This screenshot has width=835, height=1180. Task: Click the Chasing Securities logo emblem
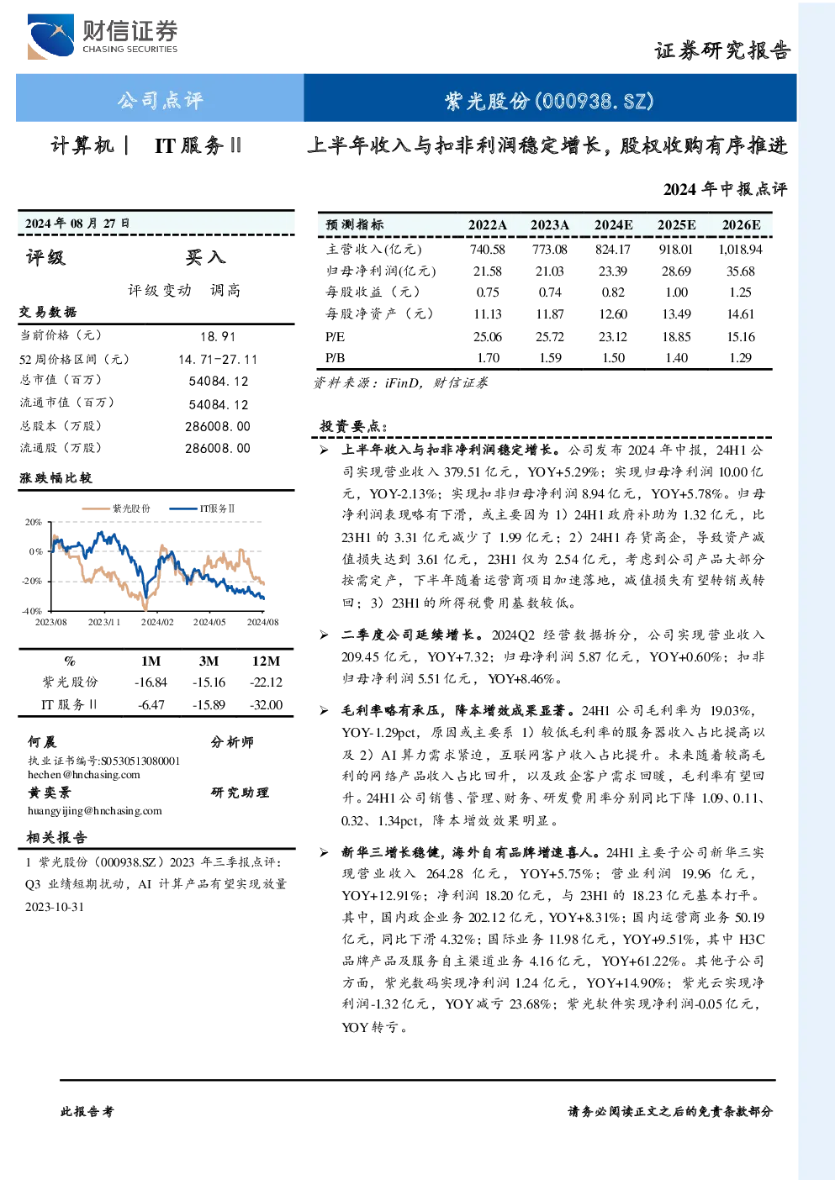(x=50, y=37)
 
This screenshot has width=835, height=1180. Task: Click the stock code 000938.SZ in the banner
(x=595, y=101)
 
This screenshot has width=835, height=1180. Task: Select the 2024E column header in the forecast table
(x=613, y=225)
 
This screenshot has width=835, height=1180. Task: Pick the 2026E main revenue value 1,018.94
(x=740, y=249)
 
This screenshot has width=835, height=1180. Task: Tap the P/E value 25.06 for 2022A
(x=487, y=337)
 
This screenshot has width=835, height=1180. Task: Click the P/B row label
(x=335, y=358)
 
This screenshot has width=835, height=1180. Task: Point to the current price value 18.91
(x=217, y=337)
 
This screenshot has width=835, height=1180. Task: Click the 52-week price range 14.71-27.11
(x=217, y=359)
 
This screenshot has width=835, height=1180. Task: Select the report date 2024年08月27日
(x=77, y=224)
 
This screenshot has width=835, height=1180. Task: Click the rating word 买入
(x=205, y=257)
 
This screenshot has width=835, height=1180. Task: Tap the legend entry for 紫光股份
(x=117, y=508)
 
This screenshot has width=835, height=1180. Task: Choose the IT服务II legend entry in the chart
(x=202, y=508)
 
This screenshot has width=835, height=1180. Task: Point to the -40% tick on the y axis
(x=32, y=611)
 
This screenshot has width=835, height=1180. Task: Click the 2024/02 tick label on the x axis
(x=157, y=622)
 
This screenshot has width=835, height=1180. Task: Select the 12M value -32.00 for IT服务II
(x=266, y=705)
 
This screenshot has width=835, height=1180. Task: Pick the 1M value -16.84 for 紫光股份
(x=151, y=682)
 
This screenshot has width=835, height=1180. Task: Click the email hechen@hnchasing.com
(x=84, y=775)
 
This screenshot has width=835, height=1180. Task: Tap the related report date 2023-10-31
(x=55, y=907)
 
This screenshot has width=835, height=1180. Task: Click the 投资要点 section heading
(x=353, y=426)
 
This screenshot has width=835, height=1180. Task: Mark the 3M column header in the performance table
(x=209, y=661)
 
